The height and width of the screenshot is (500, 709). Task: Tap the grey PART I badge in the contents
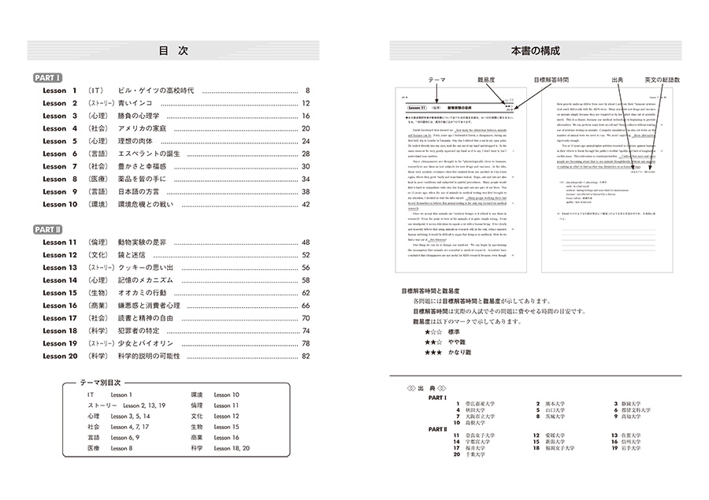[x=48, y=78]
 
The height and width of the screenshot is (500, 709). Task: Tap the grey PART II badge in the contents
[x=50, y=228]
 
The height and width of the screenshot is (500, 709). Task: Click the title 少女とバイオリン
[x=147, y=343]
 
